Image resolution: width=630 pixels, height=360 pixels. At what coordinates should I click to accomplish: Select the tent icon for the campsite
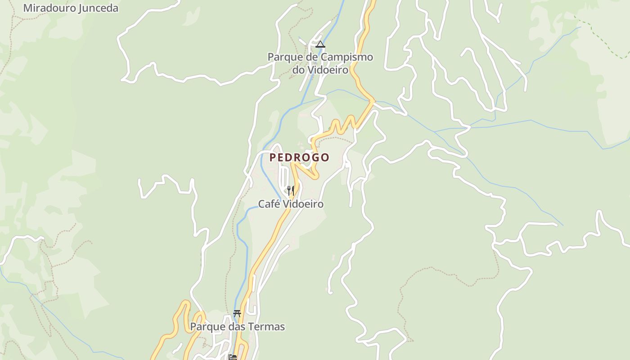point(320,44)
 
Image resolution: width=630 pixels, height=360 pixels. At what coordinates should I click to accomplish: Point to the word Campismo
point(347,57)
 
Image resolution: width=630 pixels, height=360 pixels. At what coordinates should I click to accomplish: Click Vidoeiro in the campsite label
point(327,70)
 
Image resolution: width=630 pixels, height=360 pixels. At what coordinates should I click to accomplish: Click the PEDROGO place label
point(299,157)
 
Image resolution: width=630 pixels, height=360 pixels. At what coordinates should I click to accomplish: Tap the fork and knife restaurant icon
point(291,190)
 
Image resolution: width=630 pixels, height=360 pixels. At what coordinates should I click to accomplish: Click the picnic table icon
point(237,314)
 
